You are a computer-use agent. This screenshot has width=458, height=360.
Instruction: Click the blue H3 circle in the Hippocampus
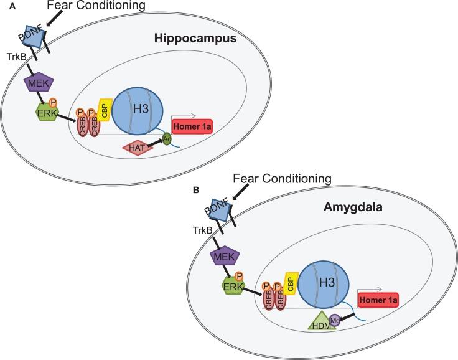pyautogui.click(x=138, y=106)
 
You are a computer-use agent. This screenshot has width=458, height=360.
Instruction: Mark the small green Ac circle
pyautogui.click(x=167, y=139)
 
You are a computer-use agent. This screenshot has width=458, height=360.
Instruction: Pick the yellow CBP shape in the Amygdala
pyautogui.click(x=289, y=284)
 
